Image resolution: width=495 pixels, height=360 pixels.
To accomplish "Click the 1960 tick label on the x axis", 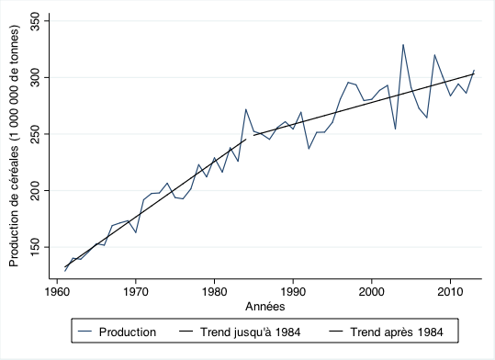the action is [57, 292].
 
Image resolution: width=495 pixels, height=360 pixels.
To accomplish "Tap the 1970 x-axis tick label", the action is [136, 292].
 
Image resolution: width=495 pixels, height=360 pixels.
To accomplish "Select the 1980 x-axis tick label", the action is [214, 292].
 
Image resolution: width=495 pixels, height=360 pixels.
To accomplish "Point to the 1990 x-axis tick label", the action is [293, 292].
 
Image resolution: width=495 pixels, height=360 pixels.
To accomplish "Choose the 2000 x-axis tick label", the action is [372, 292].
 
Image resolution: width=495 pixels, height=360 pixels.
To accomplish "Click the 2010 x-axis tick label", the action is [450, 292].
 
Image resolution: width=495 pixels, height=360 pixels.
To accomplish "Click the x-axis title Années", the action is [265, 307].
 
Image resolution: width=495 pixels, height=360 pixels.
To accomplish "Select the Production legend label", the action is [128, 332].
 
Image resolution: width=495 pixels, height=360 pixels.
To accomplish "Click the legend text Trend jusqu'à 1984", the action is [251, 332].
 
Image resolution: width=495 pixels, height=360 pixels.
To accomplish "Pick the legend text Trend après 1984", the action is [397, 332].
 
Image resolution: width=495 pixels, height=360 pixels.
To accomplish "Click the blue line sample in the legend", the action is [84, 332].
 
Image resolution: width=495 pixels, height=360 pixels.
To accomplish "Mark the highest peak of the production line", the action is [403, 44].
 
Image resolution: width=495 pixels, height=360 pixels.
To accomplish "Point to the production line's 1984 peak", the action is [245, 109].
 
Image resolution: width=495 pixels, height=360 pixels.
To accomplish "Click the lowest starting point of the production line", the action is [65, 271].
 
